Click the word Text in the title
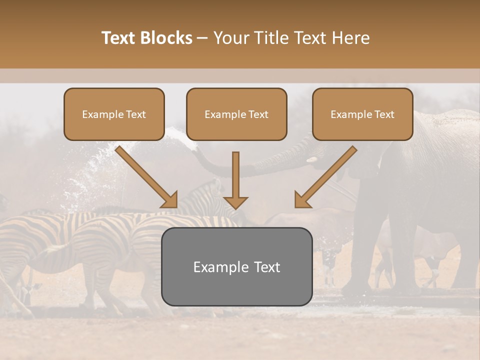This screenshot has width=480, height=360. click(x=118, y=38)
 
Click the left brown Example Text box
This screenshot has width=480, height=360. click(x=114, y=114)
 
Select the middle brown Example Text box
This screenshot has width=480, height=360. click(x=236, y=114)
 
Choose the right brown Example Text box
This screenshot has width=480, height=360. click(x=362, y=114)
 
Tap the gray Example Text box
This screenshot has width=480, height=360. click(x=236, y=266)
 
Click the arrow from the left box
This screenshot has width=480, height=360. click(x=145, y=175)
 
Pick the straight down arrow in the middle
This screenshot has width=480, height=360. click(x=236, y=177)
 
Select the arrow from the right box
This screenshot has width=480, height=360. click(x=327, y=175)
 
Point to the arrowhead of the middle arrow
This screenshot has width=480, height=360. click(x=236, y=202)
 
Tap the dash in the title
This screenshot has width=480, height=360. click(x=202, y=38)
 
